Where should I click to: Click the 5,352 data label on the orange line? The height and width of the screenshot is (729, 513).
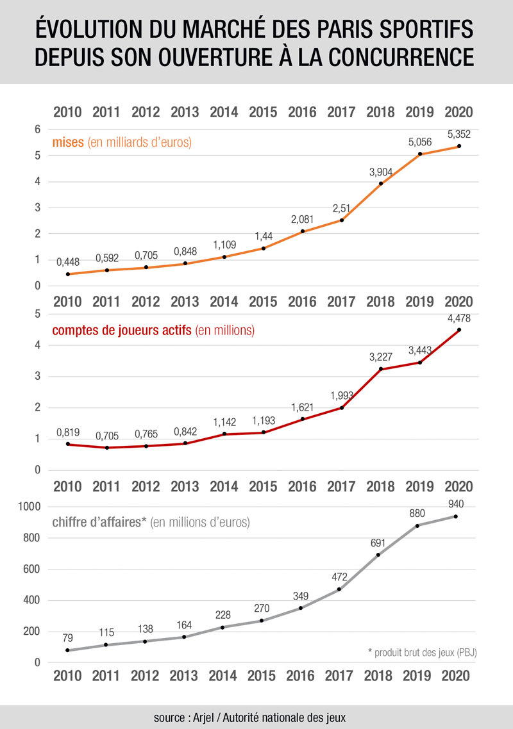coord(459,135)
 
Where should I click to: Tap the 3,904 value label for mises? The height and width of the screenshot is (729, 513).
coord(381,172)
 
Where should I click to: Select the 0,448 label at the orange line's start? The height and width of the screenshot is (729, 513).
coord(68,262)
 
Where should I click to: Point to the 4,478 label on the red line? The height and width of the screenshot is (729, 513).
coord(459,318)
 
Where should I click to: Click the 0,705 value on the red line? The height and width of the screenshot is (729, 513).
coord(107,435)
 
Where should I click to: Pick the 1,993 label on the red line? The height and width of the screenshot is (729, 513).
coord(342,395)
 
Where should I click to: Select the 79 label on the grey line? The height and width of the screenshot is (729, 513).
coord(68,638)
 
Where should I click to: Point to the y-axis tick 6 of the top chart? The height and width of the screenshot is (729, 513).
coord(38,129)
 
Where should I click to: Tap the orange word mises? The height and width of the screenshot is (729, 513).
coord(69,143)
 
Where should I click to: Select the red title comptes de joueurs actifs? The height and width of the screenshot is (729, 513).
coord(122,331)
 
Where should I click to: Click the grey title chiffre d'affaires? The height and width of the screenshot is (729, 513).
coord(101,522)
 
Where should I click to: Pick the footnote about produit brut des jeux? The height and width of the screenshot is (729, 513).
coord(423,653)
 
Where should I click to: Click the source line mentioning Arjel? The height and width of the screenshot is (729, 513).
coord(250,717)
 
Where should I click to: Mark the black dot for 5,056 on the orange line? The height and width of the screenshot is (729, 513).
coord(420,154)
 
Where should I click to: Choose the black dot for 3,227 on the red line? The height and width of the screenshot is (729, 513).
coord(381,369)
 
